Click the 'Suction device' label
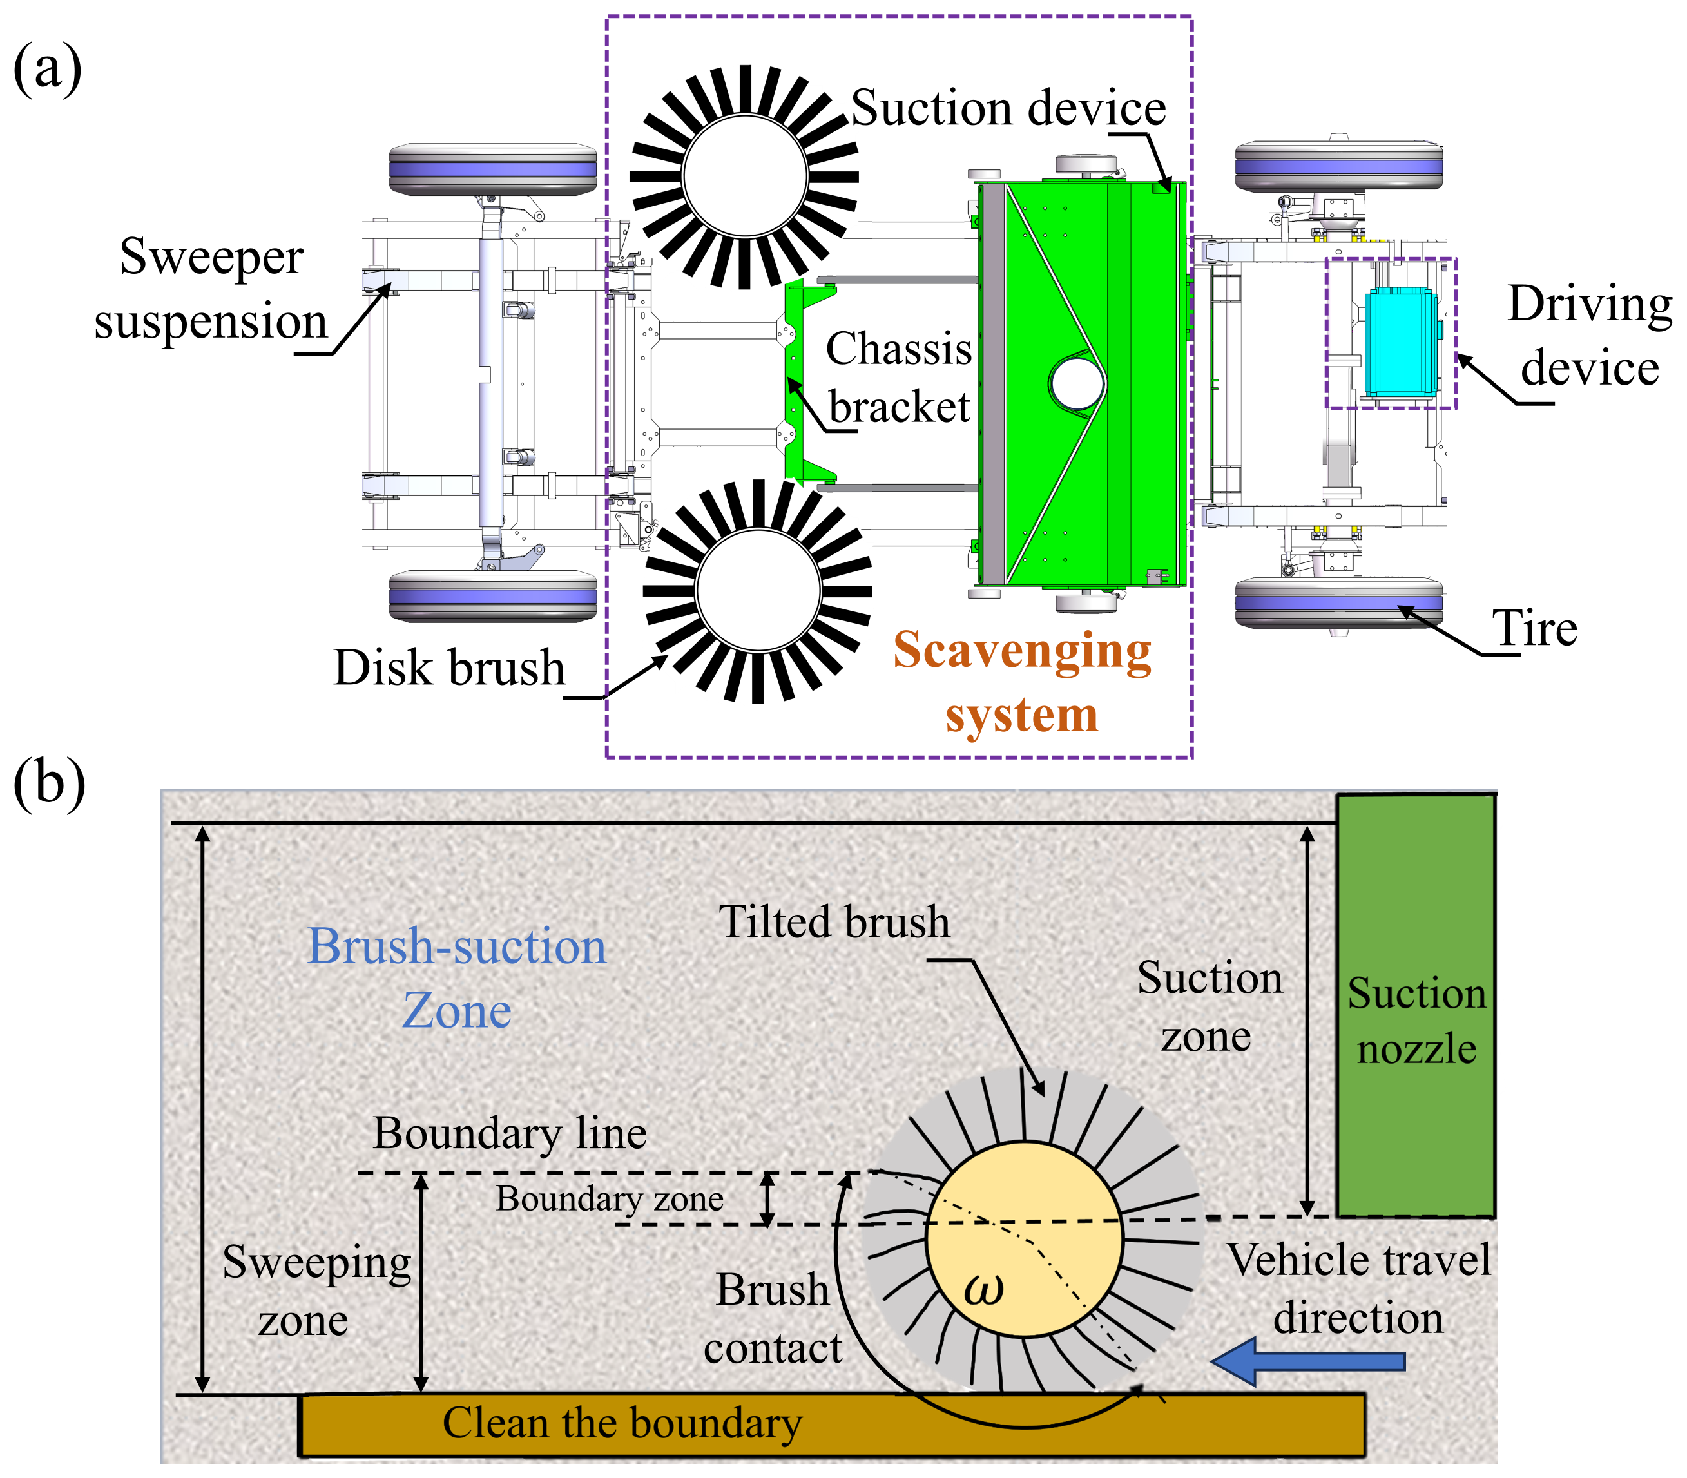tap(1007, 108)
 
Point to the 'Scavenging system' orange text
tap(1022, 681)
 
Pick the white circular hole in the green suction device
tap(1077, 383)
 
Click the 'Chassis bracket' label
tap(899, 377)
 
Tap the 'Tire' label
tap(1534, 628)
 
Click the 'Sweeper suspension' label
tap(211, 288)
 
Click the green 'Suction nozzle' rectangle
tap(1416, 1006)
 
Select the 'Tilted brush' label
tap(834, 921)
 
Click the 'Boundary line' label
tap(509, 1133)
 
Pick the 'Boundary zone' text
tap(610, 1198)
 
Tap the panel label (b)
tap(49, 782)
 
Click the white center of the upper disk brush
tap(744, 176)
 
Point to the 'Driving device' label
tap(1590, 336)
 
